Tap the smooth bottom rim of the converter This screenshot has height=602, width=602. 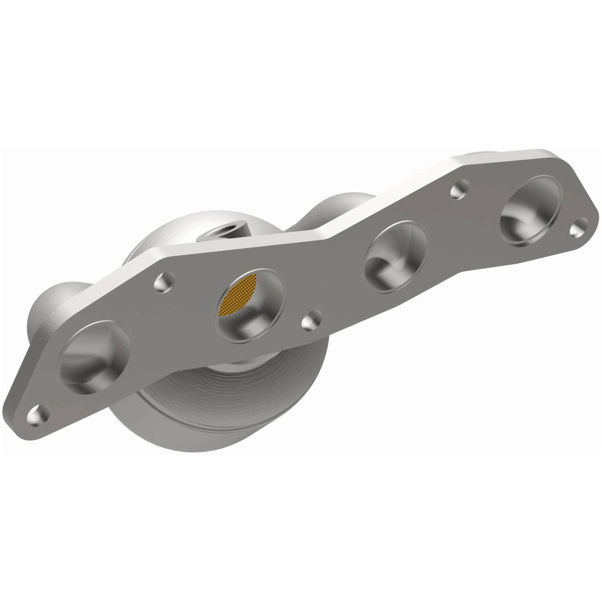pos(198,436)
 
